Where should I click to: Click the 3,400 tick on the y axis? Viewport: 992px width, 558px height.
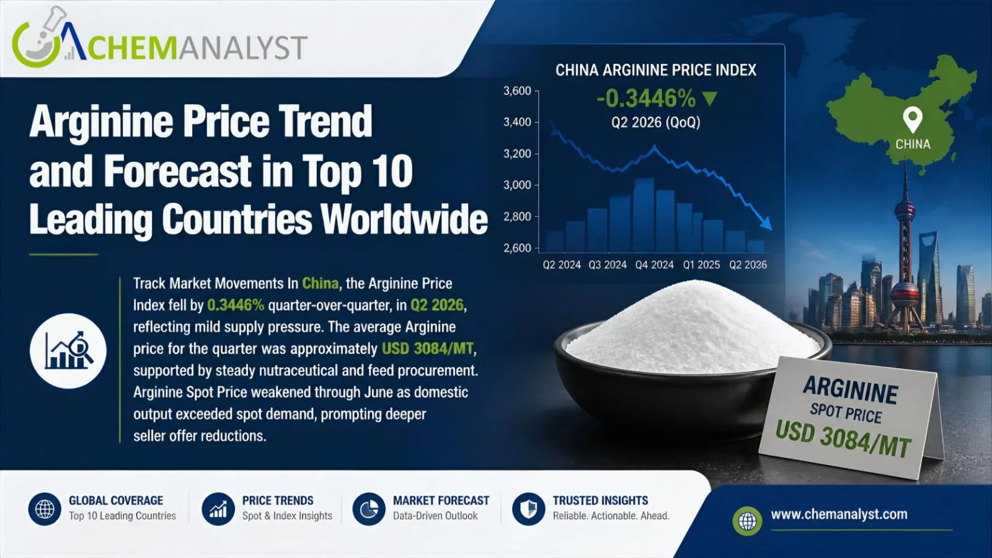click(x=517, y=122)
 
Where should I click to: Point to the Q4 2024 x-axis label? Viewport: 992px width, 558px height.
click(x=655, y=265)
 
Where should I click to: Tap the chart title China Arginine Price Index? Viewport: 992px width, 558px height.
click(x=656, y=70)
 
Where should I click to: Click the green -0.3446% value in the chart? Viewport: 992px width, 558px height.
click(x=646, y=99)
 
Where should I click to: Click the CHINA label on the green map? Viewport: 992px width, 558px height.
click(x=913, y=144)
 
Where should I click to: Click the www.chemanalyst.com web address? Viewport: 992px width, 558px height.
click(x=839, y=514)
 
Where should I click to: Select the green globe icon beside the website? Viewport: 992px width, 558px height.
click(x=747, y=521)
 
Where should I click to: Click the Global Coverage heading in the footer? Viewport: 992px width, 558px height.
click(x=116, y=500)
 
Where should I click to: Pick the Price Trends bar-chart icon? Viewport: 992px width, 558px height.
click(x=218, y=509)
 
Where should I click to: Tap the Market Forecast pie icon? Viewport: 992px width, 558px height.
click(x=369, y=509)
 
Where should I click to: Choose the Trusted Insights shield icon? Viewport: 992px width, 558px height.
click(x=528, y=509)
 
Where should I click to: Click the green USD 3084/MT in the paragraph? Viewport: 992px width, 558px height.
click(x=428, y=348)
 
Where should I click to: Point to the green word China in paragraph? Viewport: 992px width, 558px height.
click(x=320, y=283)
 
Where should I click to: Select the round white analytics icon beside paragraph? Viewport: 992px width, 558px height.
click(x=68, y=351)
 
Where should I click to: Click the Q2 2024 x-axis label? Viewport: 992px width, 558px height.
click(x=562, y=265)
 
